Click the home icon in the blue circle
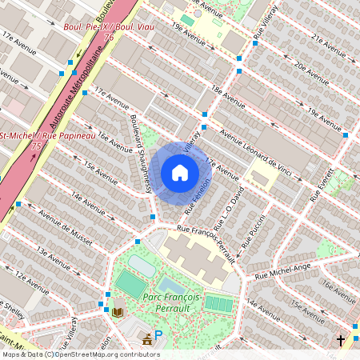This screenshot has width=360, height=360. tap(180, 173)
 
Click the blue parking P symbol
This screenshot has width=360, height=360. tap(158, 335)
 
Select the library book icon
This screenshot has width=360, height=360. tap(118, 311)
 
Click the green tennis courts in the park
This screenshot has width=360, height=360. tap(218, 303)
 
